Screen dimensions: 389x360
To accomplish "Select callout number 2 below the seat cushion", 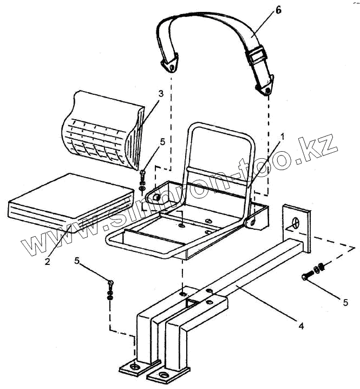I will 47,262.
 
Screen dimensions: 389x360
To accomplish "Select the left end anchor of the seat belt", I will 171,64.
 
